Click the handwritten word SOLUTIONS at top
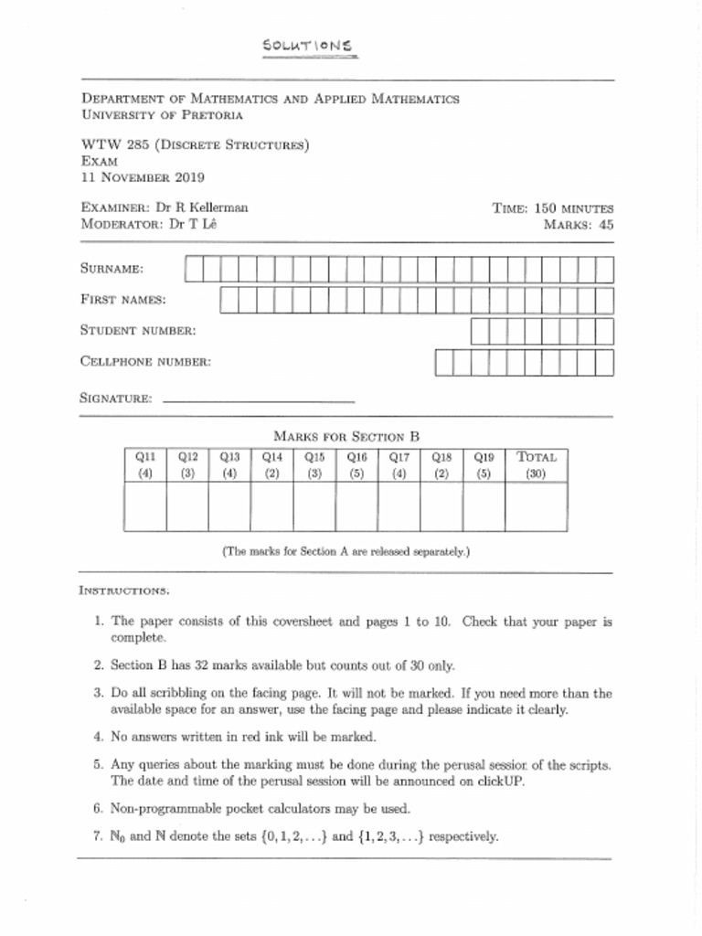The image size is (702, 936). [x=307, y=46]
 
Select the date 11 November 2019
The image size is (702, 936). [x=143, y=177]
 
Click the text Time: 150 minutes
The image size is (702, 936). [x=552, y=208]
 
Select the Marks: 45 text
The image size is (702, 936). [x=579, y=224]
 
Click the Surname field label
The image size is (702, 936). [x=112, y=269]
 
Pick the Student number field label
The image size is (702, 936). [x=138, y=330]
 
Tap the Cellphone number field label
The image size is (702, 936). [x=145, y=362]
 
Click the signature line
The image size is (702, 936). [x=258, y=400]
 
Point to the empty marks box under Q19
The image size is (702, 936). [x=484, y=506]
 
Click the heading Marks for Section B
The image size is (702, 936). [x=346, y=437]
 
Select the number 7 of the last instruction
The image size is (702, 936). [x=98, y=836]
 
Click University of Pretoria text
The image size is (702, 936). [x=163, y=115]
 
